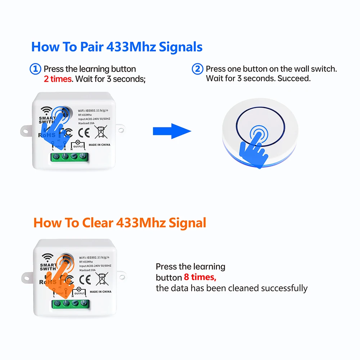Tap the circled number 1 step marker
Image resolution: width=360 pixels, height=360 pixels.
pos(35,69)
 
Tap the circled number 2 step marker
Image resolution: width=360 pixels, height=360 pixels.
pos(197,69)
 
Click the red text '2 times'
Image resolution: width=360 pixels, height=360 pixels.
pos(58,79)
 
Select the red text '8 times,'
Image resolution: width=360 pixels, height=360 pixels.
pos(200,278)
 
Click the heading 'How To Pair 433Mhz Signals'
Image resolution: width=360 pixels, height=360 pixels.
pos(117,47)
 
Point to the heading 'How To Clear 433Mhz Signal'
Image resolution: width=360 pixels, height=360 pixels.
pos(120,223)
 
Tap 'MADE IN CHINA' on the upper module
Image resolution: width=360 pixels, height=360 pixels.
pos(100,145)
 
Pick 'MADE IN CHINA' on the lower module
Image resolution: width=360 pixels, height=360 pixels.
pos(100,292)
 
